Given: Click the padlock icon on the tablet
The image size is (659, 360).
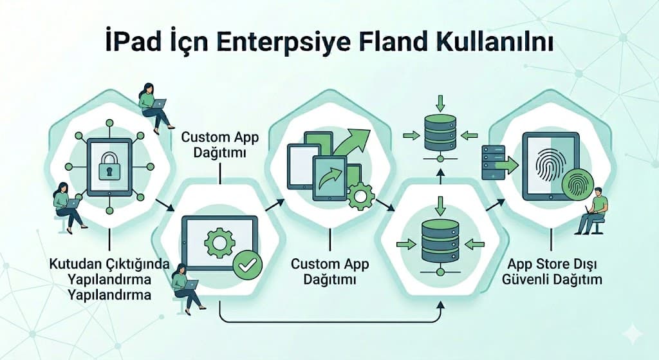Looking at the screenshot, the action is tap(109, 166).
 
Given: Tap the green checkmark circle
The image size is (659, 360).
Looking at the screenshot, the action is tap(248, 265).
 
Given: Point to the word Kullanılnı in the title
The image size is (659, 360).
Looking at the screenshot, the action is tap(495, 43).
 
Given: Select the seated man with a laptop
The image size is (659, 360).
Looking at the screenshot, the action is tap(592, 211).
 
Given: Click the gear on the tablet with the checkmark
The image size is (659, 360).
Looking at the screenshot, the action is tap(219, 243).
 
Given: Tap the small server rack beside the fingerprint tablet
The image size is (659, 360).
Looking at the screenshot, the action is tap(493, 162).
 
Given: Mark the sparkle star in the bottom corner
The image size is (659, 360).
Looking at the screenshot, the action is tap(633, 334).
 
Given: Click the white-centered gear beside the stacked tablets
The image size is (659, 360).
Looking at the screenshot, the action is tap(360, 196).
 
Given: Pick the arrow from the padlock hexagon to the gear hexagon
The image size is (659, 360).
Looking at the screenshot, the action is tap(164, 205).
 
